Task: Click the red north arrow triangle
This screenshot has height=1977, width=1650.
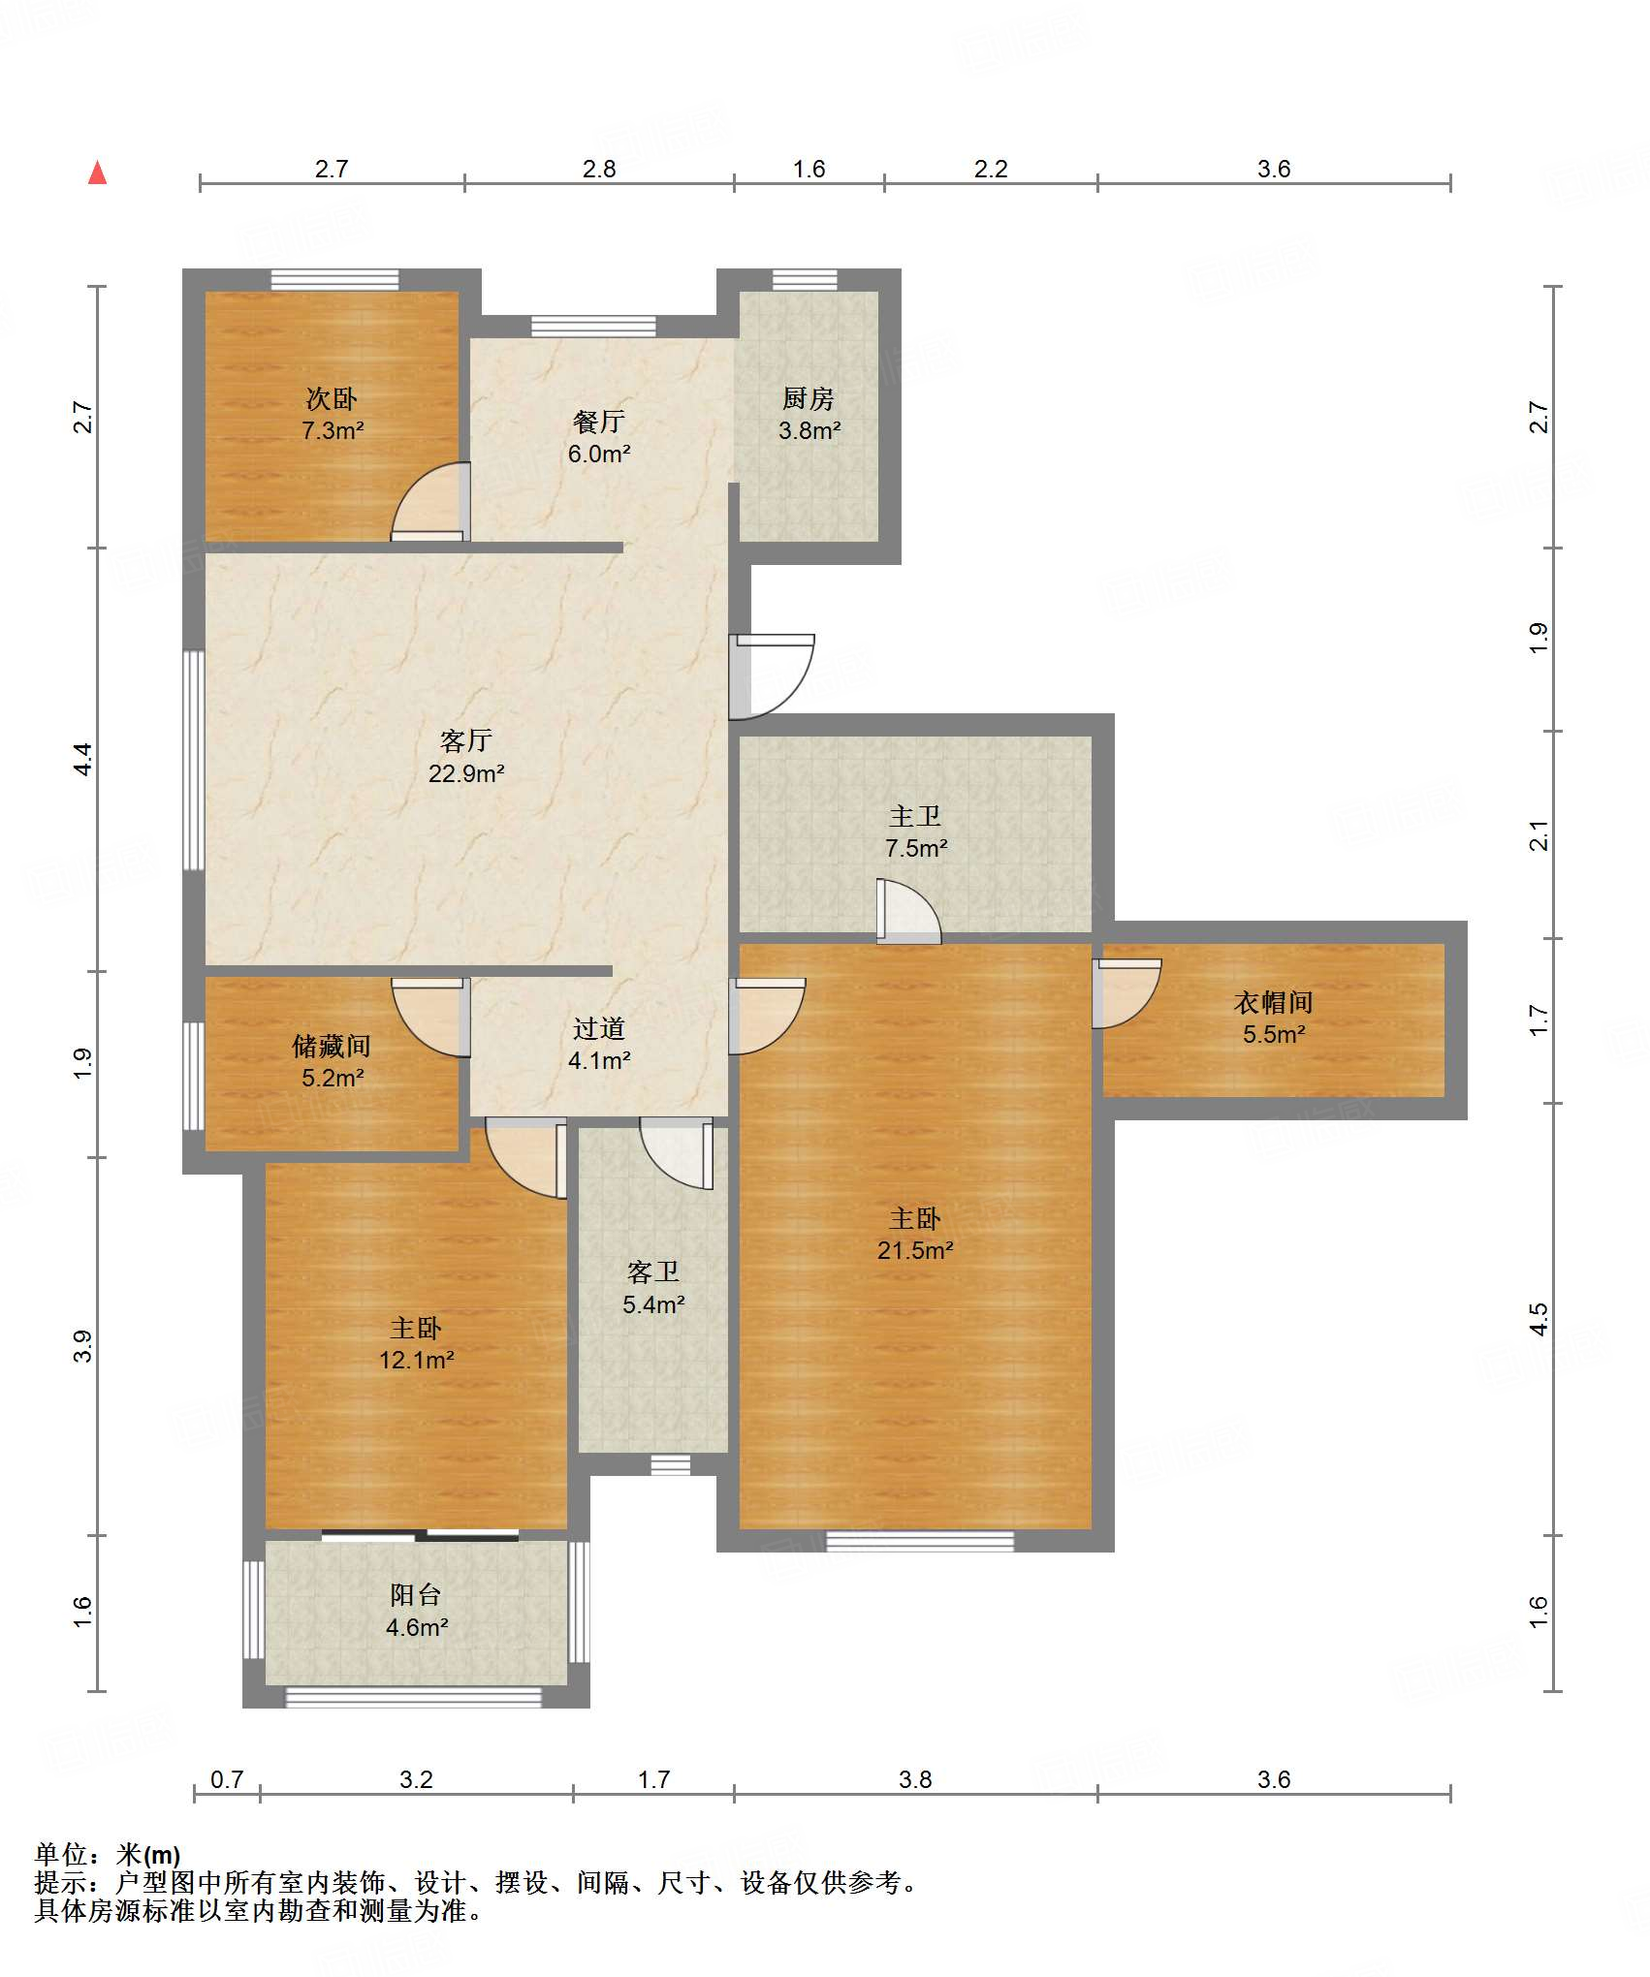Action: pos(97,173)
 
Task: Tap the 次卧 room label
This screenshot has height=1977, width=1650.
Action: pos(332,398)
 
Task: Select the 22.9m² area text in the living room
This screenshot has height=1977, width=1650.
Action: pos(466,773)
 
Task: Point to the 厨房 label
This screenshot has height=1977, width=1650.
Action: pos(809,398)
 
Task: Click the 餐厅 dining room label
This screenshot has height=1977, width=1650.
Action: pos(599,422)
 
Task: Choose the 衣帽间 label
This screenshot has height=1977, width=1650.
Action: pos(1274,1002)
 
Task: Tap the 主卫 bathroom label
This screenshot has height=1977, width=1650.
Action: pos(915,816)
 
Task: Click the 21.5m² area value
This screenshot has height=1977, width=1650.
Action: pos(915,1250)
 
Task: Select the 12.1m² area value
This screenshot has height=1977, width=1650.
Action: pos(417,1360)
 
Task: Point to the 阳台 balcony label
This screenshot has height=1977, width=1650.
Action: pos(416,1595)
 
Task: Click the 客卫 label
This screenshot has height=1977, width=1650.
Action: pos(653,1271)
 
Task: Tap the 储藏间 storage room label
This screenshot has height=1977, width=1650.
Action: pos(332,1046)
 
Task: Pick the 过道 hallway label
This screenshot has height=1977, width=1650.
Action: pos(599,1028)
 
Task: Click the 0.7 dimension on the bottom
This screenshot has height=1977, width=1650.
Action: pos(227,1779)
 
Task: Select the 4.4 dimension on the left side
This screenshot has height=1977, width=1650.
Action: pos(83,759)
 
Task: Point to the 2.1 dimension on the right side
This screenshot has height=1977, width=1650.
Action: pos(1539,835)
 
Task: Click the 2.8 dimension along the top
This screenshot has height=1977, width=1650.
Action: pos(599,169)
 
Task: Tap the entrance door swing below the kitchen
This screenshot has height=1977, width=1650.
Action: pos(772,676)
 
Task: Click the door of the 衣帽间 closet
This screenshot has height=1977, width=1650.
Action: pos(1126,993)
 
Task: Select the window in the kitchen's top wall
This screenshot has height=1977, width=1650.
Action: pos(805,280)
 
